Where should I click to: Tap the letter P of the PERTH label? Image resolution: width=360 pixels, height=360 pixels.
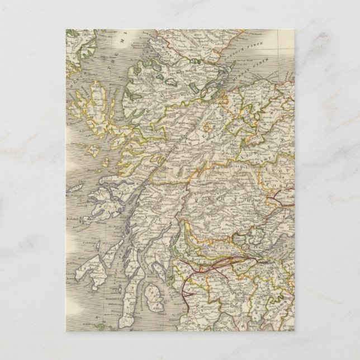[208, 198]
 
